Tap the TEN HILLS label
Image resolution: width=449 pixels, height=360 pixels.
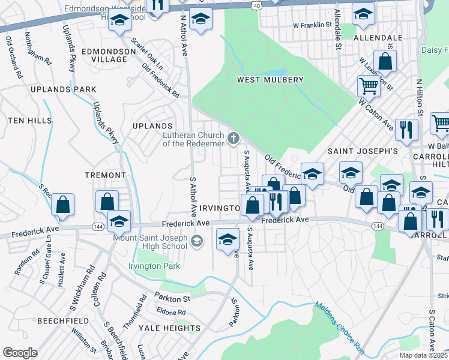click(x=30, y=121)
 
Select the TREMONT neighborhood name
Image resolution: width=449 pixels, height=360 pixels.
click(x=105, y=175)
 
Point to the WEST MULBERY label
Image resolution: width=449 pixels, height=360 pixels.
click(x=270, y=80)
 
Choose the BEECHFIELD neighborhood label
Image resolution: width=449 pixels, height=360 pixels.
click(x=64, y=321)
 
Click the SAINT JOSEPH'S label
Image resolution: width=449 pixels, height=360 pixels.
click(x=362, y=152)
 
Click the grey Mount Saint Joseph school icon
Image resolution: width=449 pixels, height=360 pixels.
click(x=196, y=241)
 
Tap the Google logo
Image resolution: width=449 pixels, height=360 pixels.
click(x=20, y=353)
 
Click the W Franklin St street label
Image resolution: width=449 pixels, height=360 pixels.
click(x=312, y=25)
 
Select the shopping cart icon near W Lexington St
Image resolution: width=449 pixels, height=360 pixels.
click(x=368, y=86)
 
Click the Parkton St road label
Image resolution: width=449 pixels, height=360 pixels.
click(x=172, y=298)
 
